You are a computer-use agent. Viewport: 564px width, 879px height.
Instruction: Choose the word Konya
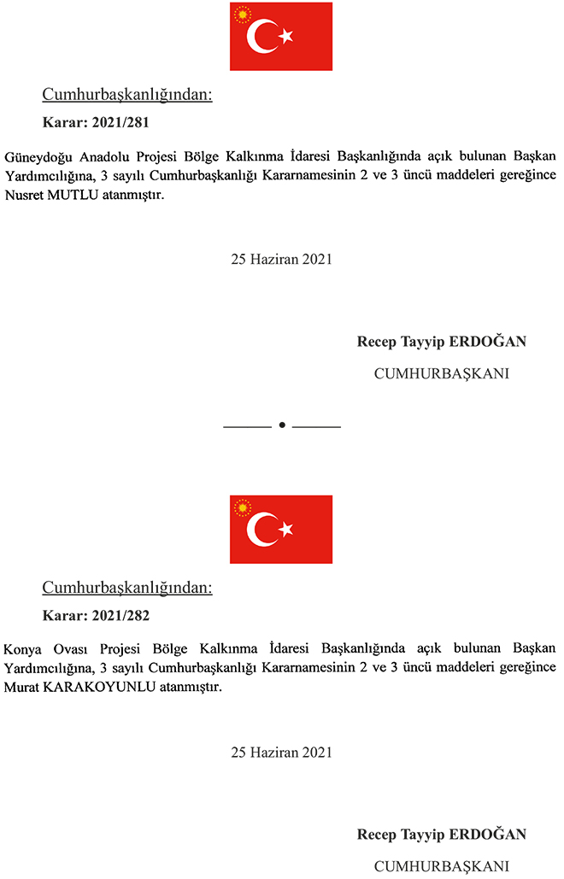pos(21,650)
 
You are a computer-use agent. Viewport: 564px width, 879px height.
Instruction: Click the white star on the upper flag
pos(286,36)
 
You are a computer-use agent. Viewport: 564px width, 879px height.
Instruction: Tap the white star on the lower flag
pos(286,530)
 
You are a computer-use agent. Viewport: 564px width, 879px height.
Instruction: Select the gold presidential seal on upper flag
pos(243,15)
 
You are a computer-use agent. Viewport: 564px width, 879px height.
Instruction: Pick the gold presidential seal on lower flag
pos(243,508)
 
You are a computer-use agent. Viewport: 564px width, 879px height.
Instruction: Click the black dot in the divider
pos(282,425)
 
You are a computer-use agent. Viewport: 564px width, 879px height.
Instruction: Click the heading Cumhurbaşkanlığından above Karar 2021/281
pos(127,95)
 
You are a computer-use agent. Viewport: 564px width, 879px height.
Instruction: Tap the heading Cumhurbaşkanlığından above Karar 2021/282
pos(127,588)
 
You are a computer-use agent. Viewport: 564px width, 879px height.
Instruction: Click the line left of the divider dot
pos(247,425)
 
